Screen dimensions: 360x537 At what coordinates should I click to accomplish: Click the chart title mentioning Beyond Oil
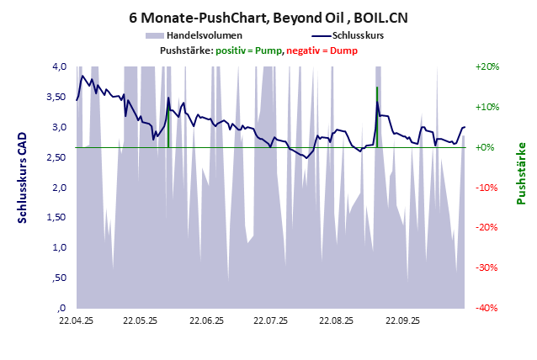[x=268, y=17]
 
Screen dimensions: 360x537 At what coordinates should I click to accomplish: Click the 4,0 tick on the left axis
[x=60, y=66]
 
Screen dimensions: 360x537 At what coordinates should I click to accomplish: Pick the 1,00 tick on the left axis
[x=57, y=247]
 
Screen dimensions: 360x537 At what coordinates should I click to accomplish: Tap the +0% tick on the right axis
[x=487, y=147]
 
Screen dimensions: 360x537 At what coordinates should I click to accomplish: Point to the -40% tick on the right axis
[x=487, y=308]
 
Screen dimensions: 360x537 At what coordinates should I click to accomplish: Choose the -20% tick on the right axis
[x=487, y=227]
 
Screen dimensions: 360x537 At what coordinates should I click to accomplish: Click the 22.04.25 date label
[x=76, y=320]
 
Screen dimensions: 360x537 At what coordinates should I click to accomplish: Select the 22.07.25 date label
[x=271, y=320]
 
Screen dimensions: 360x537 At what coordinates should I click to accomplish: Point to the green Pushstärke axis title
[x=520, y=173]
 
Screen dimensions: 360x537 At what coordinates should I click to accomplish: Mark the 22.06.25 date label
[x=206, y=320]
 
